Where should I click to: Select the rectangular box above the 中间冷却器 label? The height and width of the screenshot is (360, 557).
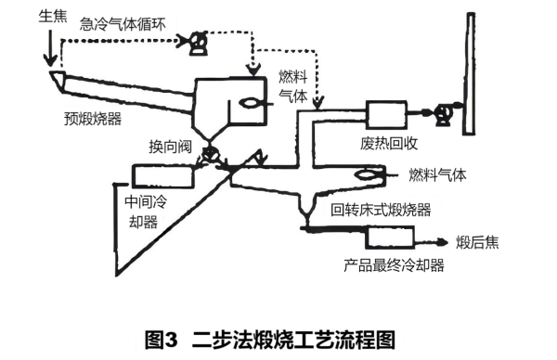pyautogui.click(x=162, y=174)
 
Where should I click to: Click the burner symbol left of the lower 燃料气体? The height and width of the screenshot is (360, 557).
pyautogui.click(x=369, y=174)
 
